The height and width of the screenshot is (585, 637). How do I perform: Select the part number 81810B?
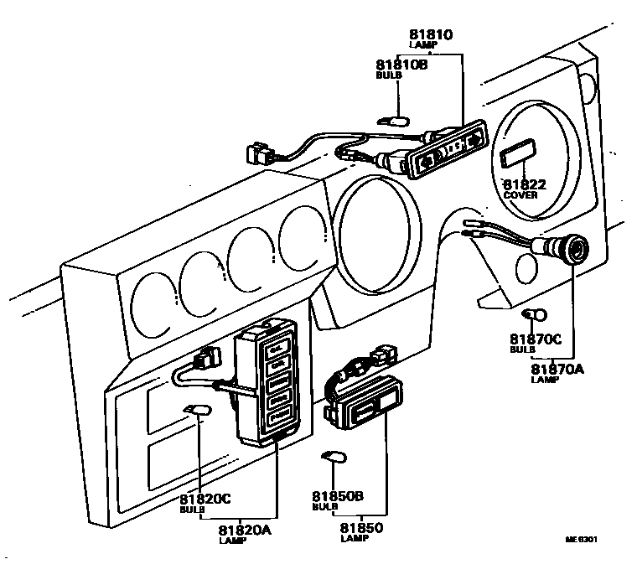(401, 65)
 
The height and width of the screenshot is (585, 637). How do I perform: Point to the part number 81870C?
(534, 339)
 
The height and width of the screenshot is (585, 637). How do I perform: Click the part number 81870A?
(559, 368)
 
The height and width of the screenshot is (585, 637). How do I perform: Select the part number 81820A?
(244, 530)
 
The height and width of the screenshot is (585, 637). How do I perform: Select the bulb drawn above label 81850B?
(334, 457)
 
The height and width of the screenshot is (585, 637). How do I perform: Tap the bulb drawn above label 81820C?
(198, 410)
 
